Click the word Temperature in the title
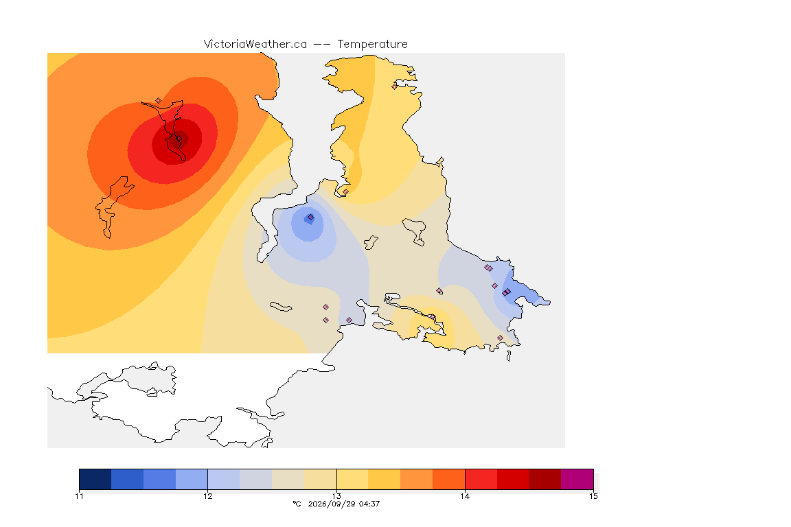click(x=372, y=45)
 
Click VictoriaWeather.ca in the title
click(x=255, y=45)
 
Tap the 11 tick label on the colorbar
click(x=79, y=496)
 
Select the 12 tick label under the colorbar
click(x=208, y=496)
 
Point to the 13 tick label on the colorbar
click(x=336, y=496)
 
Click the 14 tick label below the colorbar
click(x=465, y=496)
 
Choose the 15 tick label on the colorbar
click(x=593, y=496)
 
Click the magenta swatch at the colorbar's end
click(x=577, y=479)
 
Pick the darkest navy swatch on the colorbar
click(x=95, y=479)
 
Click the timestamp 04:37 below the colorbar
click(x=369, y=504)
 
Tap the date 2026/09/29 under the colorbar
click(x=331, y=504)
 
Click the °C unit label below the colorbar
click(x=297, y=504)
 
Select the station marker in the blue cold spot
click(x=311, y=218)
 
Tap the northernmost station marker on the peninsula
click(x=395, y=86)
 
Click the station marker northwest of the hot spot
click(x=159, y=101)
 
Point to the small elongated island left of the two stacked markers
click(x=281, y=307)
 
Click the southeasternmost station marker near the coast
click(x=500, y=338)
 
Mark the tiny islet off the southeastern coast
click(x=509, y=356)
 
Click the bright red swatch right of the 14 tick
click(x=481, y=479)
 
